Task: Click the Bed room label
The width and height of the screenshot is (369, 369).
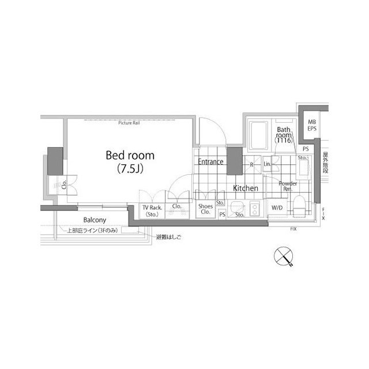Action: [130, 156]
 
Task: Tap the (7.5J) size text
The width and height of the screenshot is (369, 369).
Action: [130, 170]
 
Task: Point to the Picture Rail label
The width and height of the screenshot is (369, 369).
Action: [130, 123]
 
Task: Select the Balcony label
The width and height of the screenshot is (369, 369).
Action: [94, 220]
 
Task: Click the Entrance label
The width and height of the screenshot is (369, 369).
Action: [210, 162]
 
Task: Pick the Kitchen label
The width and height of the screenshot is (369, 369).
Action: [245, 188]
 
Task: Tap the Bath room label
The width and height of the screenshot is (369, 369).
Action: [284, 135]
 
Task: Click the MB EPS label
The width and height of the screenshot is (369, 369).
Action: [311, 125]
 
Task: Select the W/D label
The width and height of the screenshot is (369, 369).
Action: [277, 208]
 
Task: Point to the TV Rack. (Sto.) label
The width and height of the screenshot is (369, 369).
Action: [152, 210]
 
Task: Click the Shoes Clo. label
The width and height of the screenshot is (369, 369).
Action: [205, 209]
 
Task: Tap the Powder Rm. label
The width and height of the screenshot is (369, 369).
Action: [287, 186]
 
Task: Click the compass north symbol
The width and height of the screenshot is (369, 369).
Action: [283, 256]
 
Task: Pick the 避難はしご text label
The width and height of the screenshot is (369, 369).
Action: [168, 236]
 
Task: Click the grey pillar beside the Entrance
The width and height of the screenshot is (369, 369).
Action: [234, 161]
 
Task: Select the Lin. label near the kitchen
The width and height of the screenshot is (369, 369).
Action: [267, 164]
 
